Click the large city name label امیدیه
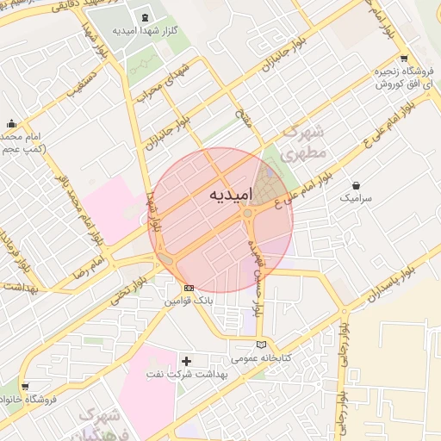point(232,196)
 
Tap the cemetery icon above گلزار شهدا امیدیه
point(142,17)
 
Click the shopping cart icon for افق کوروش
point(403,59)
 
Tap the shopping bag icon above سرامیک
point(357,184)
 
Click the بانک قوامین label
point(189,301)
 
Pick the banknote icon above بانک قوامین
point(189,288)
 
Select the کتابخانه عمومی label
point(261,357)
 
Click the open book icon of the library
point(261,344)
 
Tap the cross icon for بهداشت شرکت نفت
point(187,360)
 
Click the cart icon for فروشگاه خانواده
point(24,387)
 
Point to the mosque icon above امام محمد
point(10,124)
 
